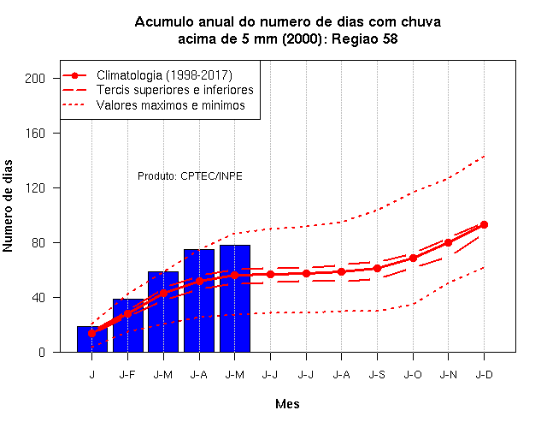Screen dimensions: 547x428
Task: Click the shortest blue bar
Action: [92, 339]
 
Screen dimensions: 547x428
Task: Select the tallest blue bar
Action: [235, 299]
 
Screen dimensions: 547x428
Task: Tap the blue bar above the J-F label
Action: [128, 325]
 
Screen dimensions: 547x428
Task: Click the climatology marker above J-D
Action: [484, 224]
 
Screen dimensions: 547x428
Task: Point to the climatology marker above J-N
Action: [448, 242]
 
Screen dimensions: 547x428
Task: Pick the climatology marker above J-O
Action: [413, 259]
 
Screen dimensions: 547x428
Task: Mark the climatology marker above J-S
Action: [377, 268]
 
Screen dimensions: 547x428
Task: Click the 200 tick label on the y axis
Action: [35, 78]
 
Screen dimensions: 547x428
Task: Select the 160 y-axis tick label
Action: [35, 134]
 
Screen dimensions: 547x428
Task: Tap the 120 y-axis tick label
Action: [35, 188]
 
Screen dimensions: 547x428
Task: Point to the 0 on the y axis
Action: [42, 352]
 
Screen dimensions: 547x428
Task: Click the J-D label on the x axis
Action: [485, 375]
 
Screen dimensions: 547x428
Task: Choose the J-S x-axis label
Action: [377, 375]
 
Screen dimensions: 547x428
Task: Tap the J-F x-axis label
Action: [127, 375]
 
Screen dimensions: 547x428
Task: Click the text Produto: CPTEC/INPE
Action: [190, 175]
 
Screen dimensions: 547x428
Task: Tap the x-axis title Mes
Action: [287, 404]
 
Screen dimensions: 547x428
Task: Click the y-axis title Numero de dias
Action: [8, 205]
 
